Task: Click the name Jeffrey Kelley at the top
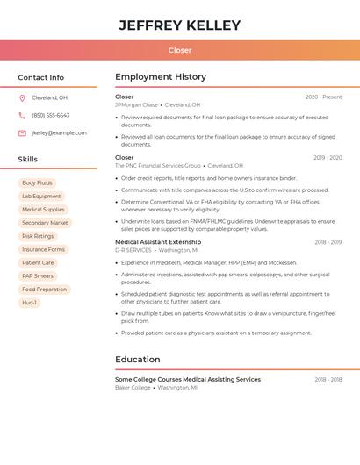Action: pos(180,25)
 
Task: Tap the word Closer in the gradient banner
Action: pos(180,50)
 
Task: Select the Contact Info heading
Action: pos(41,77)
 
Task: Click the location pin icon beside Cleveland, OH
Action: pos(22,97)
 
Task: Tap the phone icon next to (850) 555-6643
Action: pos(22,115)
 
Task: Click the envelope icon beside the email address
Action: pos(22,133)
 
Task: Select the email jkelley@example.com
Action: pos(59,133)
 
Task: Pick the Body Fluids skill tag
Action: pos(37,182)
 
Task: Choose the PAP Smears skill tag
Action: pos(39,275)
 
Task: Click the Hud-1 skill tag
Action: pos(29,303)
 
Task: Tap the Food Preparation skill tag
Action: pos(44,289)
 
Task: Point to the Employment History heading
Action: pos(161,77)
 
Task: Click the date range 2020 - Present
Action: pos(323,97)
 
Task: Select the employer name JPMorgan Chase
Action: pos(136,104)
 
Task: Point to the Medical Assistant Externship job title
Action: pos(158,242)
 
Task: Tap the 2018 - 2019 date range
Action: pos(328,242)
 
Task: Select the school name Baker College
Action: pos(133,387)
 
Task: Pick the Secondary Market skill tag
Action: pos(45,223)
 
